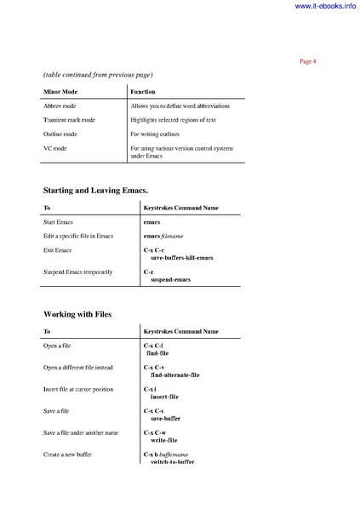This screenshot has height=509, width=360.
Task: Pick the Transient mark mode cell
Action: click(x=69, y=120)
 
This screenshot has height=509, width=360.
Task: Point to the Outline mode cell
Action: click(x=60, y=134)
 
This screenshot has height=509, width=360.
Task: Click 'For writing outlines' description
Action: click(x=160, y=134)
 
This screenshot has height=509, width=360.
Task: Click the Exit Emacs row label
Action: click(x=57, y=249)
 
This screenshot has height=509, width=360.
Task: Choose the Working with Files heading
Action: click(x=77, y=314)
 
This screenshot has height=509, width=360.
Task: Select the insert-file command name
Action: click(x=164, y=397)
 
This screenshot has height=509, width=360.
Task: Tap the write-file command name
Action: click(x=163, y=441)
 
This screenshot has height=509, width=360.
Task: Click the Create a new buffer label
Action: click(x=67, y=455)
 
